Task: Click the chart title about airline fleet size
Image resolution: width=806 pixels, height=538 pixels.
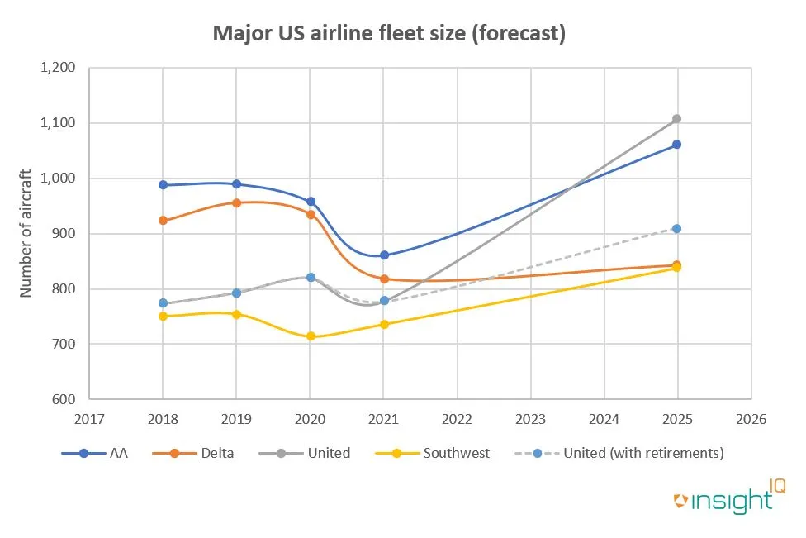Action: coord(389,34)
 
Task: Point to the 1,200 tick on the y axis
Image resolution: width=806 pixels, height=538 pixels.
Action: coord(58,68)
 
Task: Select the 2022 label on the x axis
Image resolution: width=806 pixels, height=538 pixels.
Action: coord(457,419)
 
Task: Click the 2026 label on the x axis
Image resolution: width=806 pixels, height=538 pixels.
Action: coord(751,419)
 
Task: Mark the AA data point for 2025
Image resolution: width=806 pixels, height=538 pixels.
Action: coord(677,145)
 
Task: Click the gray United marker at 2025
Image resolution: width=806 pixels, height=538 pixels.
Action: coord(677,119)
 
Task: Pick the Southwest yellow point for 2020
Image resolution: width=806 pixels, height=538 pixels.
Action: coord(311,336)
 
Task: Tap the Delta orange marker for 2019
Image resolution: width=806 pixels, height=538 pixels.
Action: coord(237,202)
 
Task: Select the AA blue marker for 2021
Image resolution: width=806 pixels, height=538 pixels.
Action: coord(384,255)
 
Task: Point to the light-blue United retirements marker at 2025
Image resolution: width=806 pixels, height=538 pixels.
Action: coord(677,228)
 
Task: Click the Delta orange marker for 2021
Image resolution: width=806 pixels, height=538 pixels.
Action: coord(384,279)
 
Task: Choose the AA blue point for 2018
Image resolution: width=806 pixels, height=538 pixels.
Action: coord(163,185)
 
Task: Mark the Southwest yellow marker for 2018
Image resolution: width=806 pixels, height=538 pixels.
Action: coord(163,317)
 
